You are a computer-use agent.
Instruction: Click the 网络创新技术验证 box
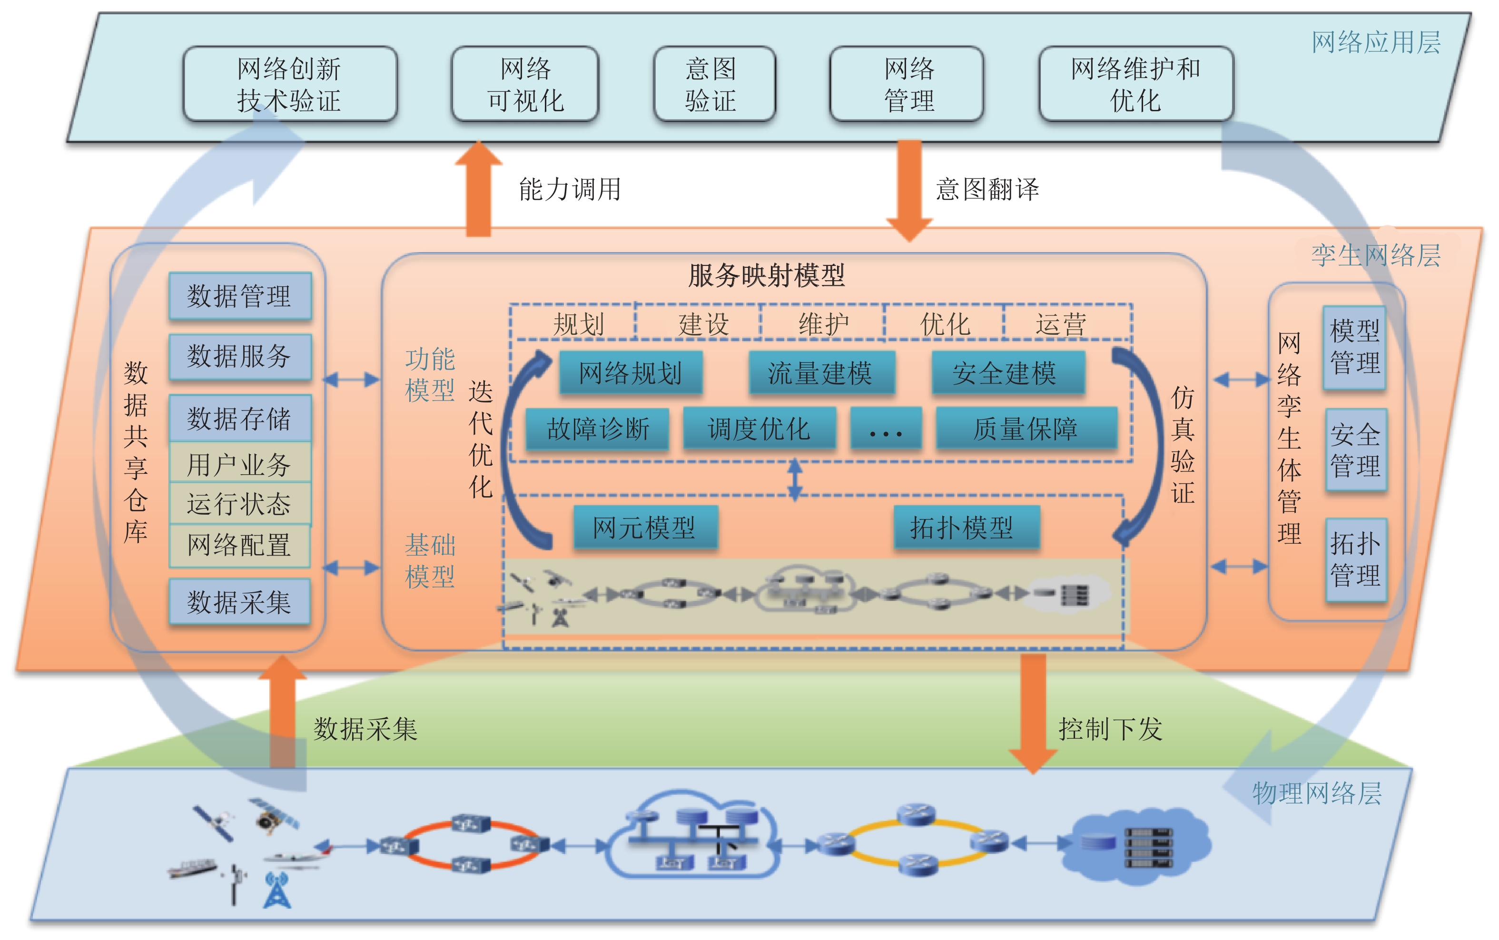point(290,84)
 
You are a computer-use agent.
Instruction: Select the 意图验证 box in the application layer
point(714,84)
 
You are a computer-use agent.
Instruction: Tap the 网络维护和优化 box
point(1136,84)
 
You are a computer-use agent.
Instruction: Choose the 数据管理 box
point(240,296)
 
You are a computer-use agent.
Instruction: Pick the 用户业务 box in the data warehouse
point(240,464)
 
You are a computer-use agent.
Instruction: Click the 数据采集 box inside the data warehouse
point(240,602)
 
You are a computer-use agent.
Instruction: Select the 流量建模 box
point(821,373)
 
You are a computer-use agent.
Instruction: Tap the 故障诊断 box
point(598,428)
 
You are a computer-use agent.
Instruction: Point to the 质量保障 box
point(1026,428)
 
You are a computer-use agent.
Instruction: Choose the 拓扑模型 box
point(966,528)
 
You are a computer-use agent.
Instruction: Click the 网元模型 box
point(645,528)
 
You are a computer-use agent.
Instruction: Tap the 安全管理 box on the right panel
point(1355,450)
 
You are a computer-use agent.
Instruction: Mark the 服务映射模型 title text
point(767,275)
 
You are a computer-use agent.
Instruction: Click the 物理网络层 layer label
point(1317,793)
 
